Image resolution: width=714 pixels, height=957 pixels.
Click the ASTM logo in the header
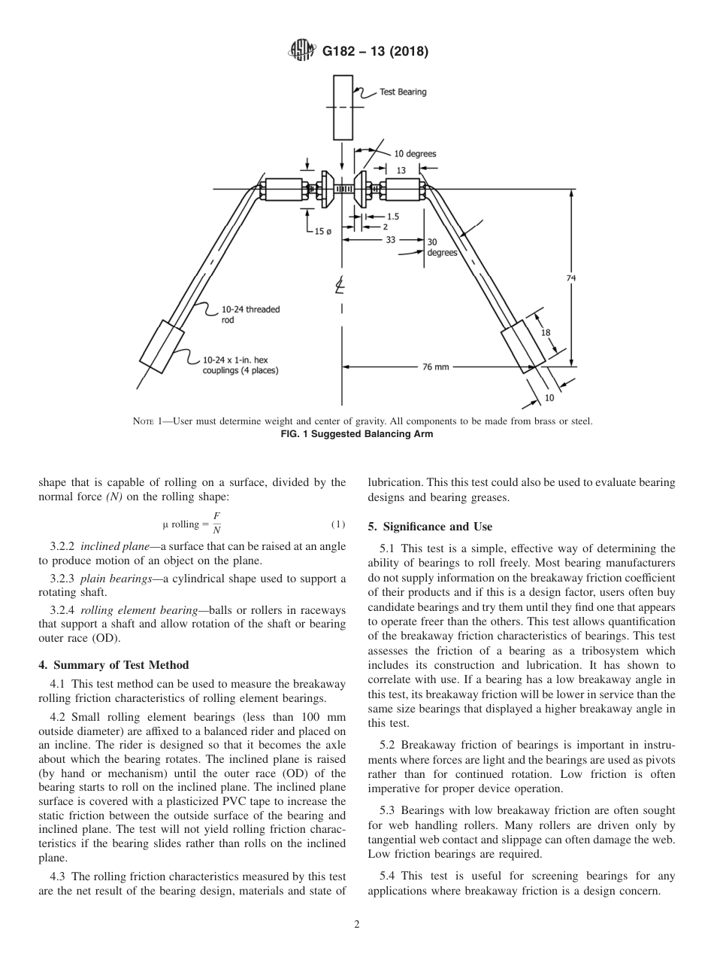(x=301, y=52)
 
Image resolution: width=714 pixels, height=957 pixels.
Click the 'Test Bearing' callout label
(x=402, y=92)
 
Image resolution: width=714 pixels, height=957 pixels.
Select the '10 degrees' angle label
(x=415, y=154)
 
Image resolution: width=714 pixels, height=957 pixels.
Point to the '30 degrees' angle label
(x=442, y=248)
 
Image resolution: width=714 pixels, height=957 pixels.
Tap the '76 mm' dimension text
(x=435, y=367)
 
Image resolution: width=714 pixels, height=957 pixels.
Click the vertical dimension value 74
(x=570, y=278)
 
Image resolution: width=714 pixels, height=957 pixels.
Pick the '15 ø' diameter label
(x=322, y=231)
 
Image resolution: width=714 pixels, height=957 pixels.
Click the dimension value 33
(x=391, y=239)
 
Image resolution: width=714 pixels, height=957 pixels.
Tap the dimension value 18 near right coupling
(x=546, y=332)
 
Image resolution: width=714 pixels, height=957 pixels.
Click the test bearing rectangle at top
(x=343, y=107)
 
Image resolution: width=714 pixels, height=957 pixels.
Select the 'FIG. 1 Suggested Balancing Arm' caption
(x=356, y=434)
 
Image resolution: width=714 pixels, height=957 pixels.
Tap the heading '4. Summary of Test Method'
(x=113, y=665)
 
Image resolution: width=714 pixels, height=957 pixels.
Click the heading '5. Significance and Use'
(x=430, y=527)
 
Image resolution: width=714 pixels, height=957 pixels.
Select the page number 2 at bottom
(x=357, y=925)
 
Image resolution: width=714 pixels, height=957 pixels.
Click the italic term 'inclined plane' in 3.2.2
(x=113, y=546)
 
